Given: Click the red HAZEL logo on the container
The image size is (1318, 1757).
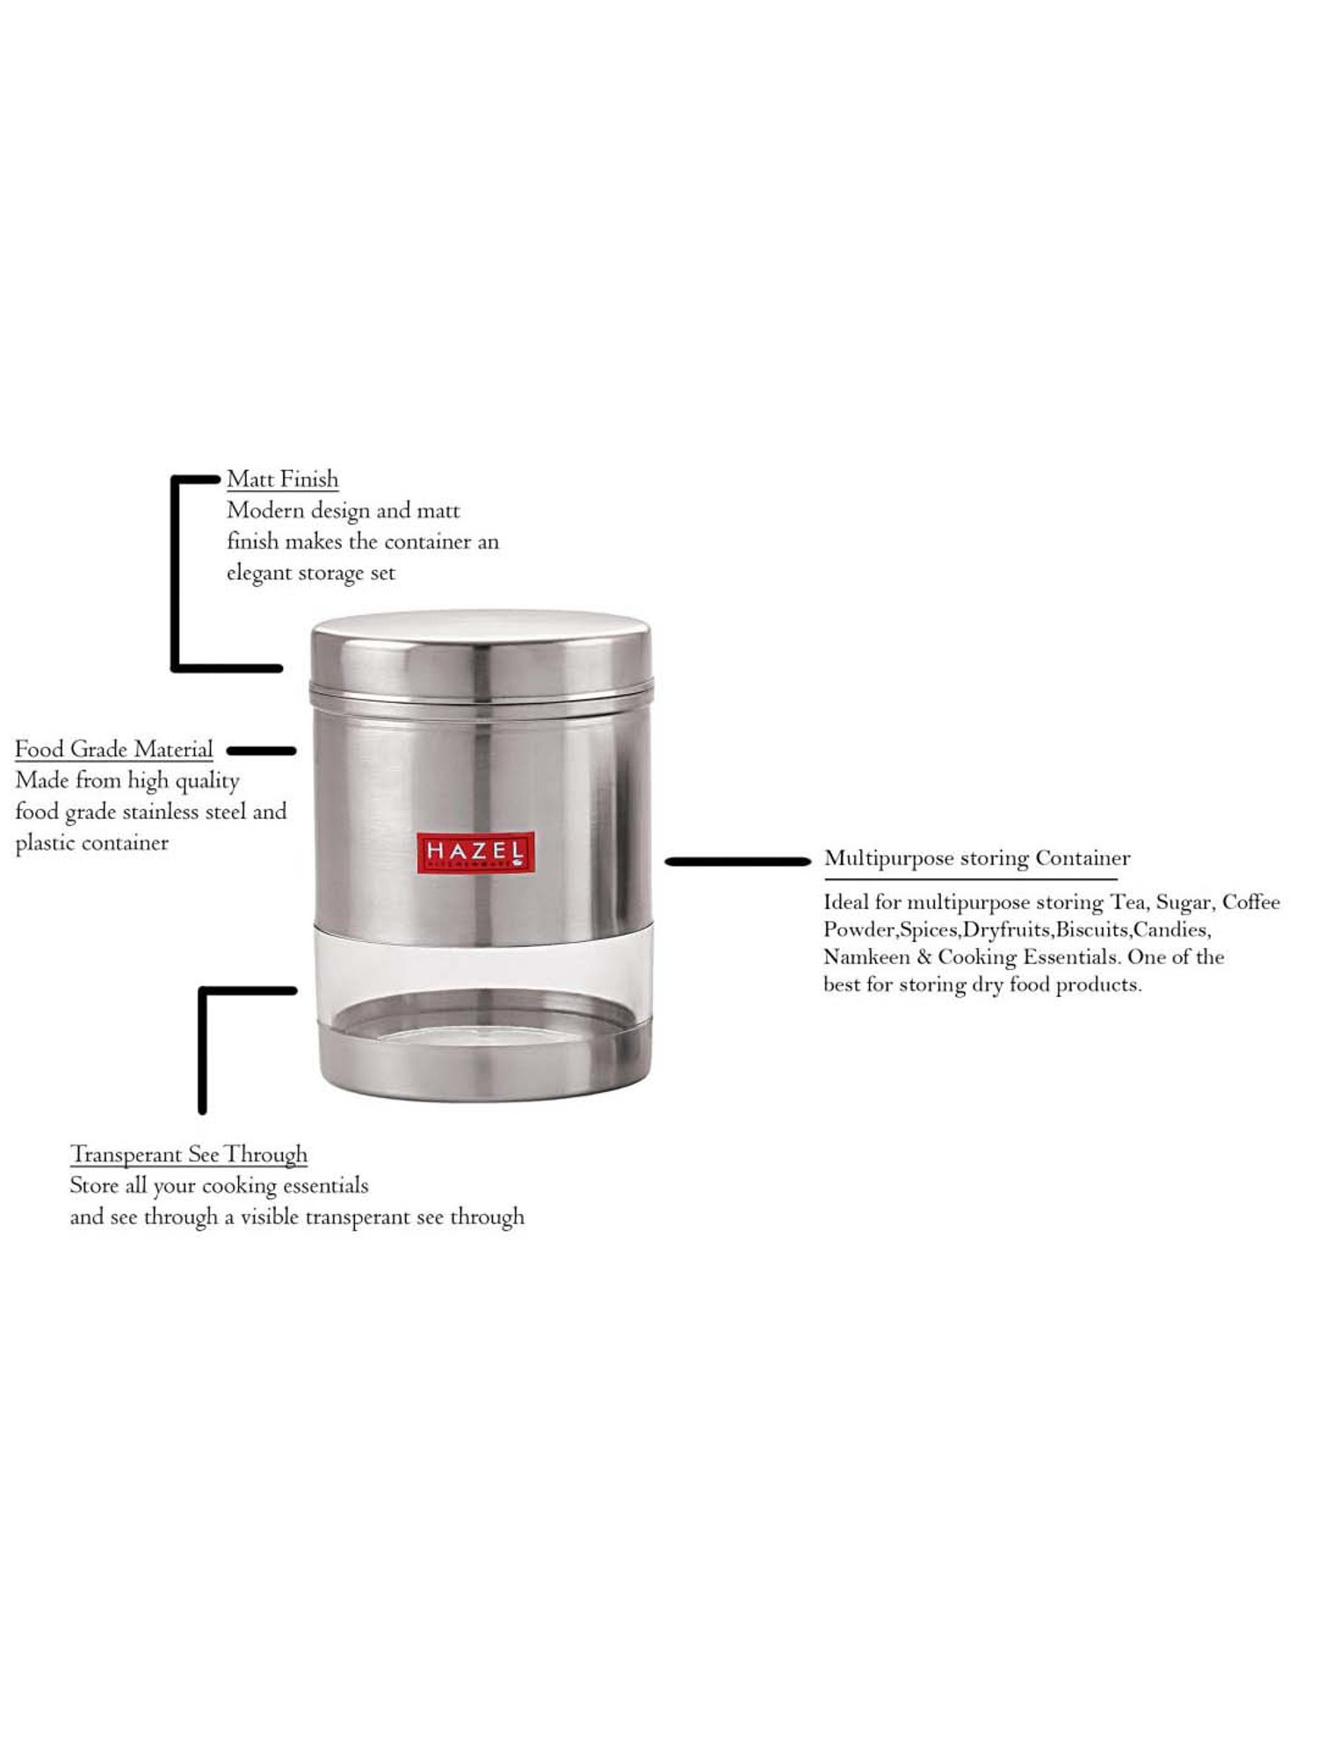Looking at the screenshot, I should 474,853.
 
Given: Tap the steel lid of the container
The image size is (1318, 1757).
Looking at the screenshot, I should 482,650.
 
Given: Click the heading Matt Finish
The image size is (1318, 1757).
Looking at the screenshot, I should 282,480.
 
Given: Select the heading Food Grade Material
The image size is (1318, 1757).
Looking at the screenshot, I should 114,749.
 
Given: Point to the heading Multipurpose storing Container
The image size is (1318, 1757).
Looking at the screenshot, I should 976,858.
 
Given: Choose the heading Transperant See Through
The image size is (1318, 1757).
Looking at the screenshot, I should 189,1154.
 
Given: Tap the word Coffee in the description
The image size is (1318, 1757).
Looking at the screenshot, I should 1250,902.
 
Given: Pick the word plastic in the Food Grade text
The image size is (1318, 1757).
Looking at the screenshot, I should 42,843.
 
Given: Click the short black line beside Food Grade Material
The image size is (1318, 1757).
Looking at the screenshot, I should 261,751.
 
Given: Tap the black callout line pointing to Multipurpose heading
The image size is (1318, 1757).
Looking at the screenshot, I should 737,862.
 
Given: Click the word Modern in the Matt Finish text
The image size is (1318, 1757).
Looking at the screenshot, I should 265,510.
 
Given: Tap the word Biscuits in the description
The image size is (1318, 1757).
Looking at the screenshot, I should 1091,929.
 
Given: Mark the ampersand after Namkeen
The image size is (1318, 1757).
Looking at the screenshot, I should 923,957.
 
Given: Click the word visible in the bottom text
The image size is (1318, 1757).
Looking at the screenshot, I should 269,1217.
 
